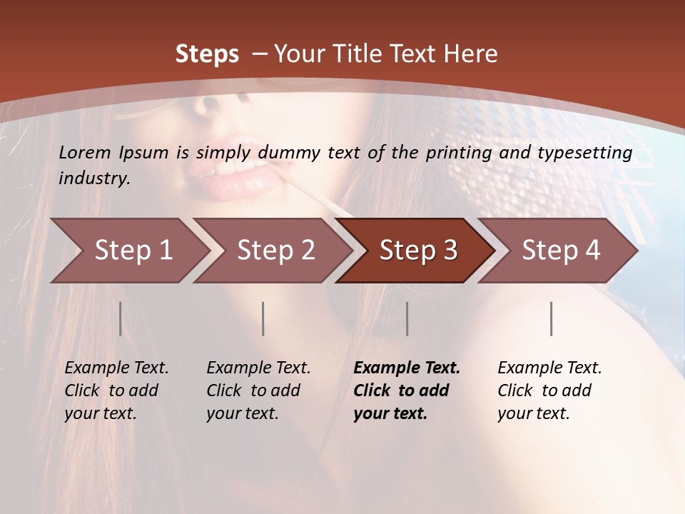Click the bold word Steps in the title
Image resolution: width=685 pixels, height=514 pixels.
point(207,54)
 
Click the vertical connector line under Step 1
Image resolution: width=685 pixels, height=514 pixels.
point(121,318)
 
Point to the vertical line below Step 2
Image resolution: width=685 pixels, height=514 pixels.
point(263,318)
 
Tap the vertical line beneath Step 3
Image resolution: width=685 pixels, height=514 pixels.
point(407,318)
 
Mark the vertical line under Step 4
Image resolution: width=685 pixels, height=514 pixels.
point(551,318)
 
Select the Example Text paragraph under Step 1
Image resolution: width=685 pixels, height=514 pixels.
point(116,390)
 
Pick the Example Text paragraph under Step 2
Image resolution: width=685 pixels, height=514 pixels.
point(258,390)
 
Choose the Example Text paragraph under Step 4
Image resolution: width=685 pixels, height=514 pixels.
point(549,390)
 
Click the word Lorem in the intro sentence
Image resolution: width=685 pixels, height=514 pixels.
point(85,153)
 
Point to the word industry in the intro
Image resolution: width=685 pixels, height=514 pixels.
point(93,178)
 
